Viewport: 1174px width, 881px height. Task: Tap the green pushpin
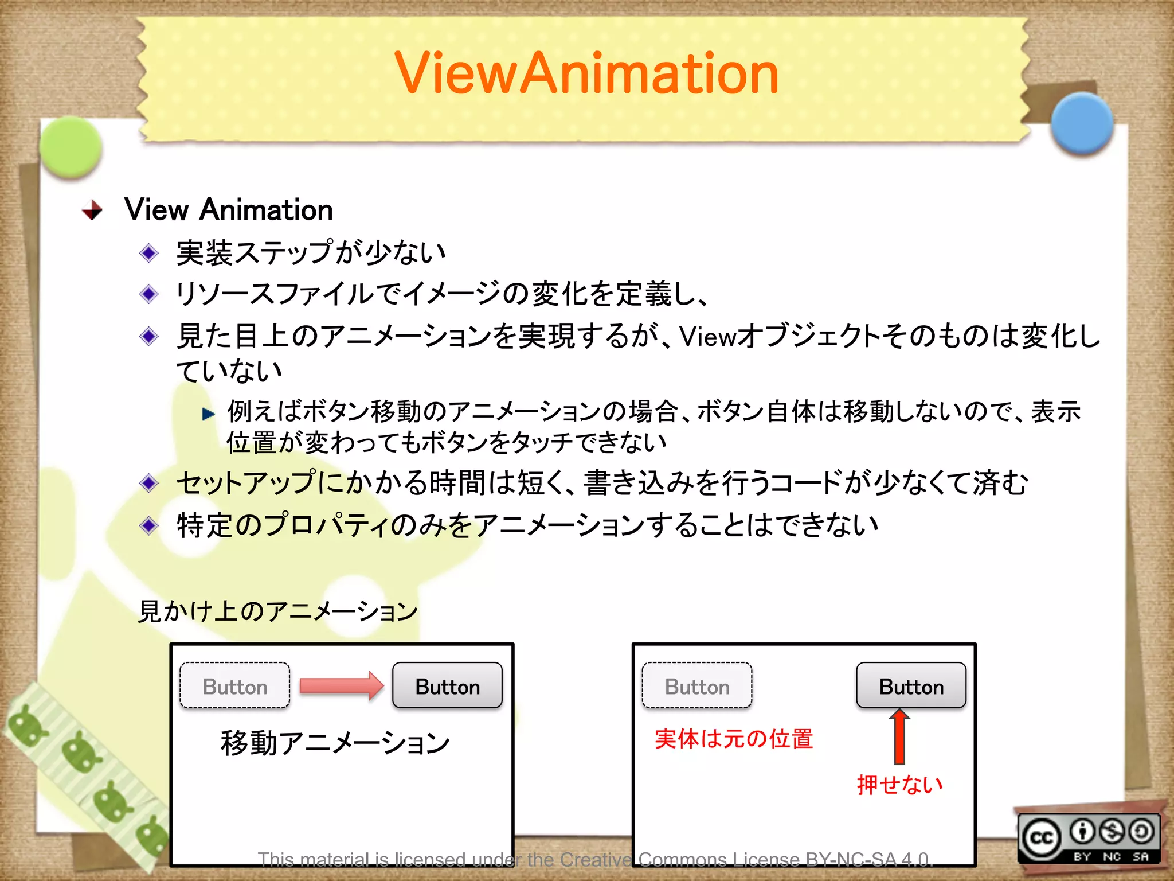coord(71,146)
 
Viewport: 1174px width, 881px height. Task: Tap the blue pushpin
coord(1082,124)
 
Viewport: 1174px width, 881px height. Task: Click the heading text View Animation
coord(228,210)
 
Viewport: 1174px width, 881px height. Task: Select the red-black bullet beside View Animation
coord(92,210)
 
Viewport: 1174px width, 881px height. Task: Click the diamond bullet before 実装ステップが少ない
coord(149,253)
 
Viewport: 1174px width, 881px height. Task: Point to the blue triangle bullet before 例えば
coord(208,414)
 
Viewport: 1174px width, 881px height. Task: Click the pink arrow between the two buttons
coord(341,686)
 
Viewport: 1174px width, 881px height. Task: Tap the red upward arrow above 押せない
coord(899,736)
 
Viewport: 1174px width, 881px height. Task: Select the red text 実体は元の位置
coord(734,739)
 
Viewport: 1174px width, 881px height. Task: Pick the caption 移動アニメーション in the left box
coord(335,743)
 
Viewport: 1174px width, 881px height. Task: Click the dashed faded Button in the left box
coord(235,686)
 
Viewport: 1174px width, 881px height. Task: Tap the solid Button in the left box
coord(447,686)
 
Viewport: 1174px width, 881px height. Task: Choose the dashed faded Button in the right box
coord(697,686)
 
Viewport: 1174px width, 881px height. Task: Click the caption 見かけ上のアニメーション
coord(278,611)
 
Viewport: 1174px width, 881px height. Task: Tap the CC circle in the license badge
coord(1042,839)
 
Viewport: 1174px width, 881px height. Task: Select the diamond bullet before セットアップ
coord(149,483)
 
